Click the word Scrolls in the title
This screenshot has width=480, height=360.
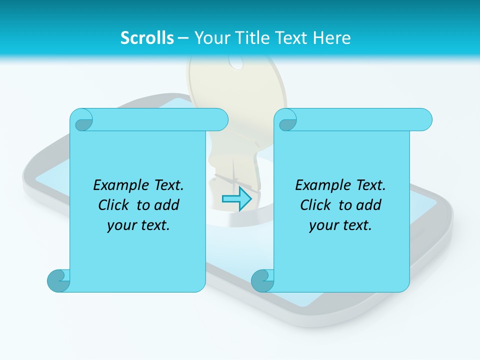[x=147, y=38]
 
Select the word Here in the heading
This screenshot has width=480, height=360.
[x=332, y=38]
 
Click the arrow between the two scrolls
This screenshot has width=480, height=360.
[x=236, y=199]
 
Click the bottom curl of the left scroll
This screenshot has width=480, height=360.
[x=58, y=280]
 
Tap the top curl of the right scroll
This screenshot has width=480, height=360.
[x=287, y=120]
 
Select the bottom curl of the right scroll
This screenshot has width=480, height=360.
[x=262, y=280]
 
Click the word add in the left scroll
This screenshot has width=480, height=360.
[x=166, y=205]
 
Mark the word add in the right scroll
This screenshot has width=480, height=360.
[x=368, y=205]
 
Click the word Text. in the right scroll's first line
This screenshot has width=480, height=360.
[x=370, y=185]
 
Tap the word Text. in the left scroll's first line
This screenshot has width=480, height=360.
[x=168, y=185]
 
